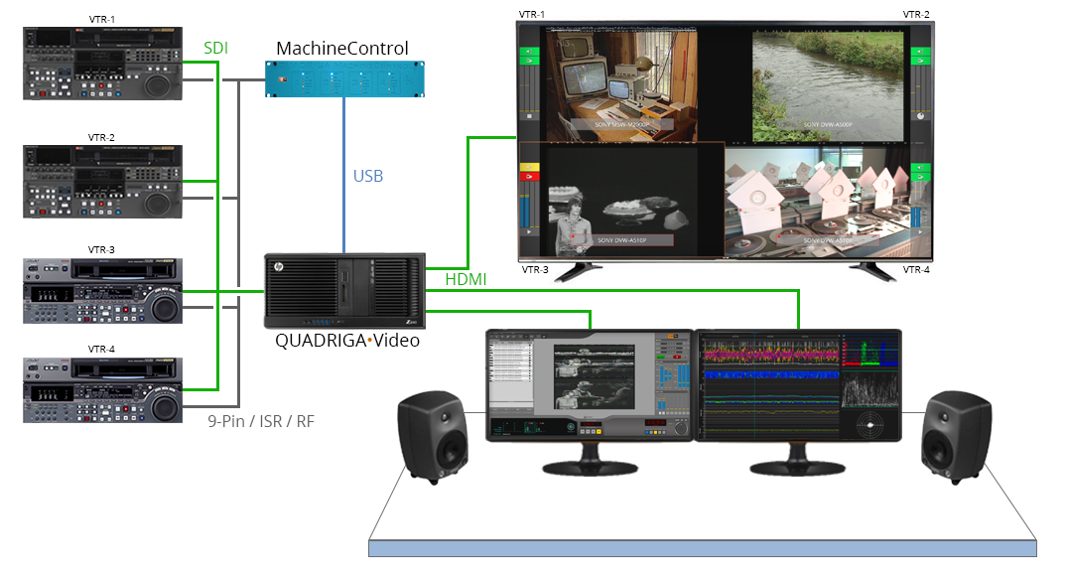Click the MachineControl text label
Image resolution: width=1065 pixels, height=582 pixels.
click(x=341, y=48)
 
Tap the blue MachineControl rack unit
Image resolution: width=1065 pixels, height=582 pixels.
click(x=342, y=78)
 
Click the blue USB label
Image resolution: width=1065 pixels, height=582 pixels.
click(x=368, y=177)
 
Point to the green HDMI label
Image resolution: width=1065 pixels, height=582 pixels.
click(x=466, y=280)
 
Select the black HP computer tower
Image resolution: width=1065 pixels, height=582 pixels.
click(x=343, y=291)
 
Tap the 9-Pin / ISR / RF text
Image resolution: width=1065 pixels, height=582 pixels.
click(x=261, y=420)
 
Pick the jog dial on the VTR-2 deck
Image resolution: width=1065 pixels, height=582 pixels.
click(x=159, y=202)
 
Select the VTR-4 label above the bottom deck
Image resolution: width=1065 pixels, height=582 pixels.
click(x=101, y=349)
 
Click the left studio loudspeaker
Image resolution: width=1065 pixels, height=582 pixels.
click(x=432, y=437)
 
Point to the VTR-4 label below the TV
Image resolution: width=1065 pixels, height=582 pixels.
click(x=916, y=270)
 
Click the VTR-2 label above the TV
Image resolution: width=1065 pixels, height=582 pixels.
click(x=916, y=14)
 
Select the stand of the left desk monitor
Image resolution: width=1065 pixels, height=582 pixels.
click(x=585, y=459)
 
